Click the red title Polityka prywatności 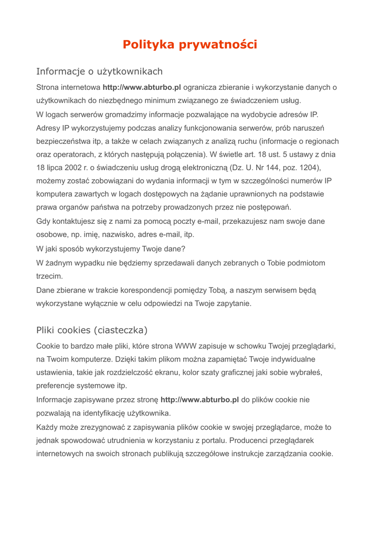point(190,45)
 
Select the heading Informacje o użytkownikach point(99,71)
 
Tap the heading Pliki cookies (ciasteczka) point(92,330)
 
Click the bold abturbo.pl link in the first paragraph point(142,87)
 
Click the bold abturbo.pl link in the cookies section point(199,400)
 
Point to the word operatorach point(74,154)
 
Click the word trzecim point(49,275)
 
